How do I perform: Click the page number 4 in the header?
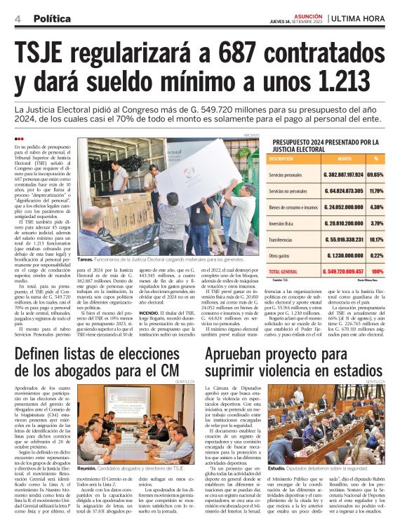click(17, 18)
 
